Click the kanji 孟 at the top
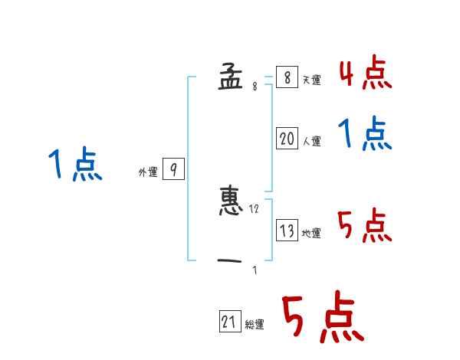pyautogui.click(x=230, y=77)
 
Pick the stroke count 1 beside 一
pyautogui.click(x=255, y=270)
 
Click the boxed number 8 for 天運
pyautogui.click(x=287, y=77)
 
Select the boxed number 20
pyautogui.click(x=287, y=139)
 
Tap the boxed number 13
pyautogui.click(x=287, y=231)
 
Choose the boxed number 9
pyautogui.click(x=173, y=170)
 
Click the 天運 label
pyautogui.click(x=311, y=80)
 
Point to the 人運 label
pyautogui.click(x=311, y=141)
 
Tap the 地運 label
pyautogui.click(x=311, y=233)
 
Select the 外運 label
pyautogui.click(x=148, y=172)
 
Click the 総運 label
pyautogui.click(x=255, y=325)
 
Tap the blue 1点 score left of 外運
pyautogui.click(x=74, y=165)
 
